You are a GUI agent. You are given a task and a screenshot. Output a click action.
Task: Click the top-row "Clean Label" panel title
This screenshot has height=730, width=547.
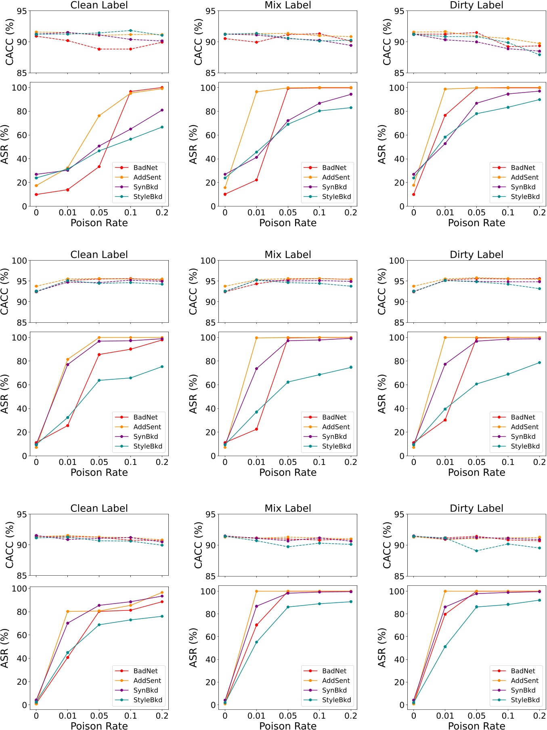99,5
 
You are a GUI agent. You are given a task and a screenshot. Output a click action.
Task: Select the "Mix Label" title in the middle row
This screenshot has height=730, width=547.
288,255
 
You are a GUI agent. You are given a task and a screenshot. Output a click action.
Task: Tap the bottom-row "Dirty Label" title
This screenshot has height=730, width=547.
476,508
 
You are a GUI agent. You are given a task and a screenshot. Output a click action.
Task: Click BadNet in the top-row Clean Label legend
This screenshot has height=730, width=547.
145,168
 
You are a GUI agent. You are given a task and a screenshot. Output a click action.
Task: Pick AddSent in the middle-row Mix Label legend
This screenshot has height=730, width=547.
336,427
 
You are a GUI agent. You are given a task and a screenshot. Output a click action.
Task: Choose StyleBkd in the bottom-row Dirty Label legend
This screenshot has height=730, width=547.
525,700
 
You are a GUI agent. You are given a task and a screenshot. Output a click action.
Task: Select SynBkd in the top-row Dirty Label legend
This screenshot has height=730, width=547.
523,187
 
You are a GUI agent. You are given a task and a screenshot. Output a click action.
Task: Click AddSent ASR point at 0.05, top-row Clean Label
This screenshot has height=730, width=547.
99,116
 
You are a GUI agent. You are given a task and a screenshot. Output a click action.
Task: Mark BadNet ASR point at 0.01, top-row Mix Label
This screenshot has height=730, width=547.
256,180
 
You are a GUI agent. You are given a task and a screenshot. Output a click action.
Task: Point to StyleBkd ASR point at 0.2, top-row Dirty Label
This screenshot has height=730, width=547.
539,100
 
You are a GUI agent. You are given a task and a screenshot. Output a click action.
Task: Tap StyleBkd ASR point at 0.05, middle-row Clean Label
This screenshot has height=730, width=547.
99,381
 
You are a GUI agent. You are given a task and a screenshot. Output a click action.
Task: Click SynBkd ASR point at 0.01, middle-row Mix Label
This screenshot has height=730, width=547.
256,368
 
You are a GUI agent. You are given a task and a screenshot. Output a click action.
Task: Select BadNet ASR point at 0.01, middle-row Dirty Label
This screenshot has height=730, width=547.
445,420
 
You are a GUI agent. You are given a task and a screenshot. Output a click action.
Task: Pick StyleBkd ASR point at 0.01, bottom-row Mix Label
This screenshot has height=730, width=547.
256,642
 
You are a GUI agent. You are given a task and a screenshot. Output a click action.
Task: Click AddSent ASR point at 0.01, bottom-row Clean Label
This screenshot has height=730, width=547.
67,612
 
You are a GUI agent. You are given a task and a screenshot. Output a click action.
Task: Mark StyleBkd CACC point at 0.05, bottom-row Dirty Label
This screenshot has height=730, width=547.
476,551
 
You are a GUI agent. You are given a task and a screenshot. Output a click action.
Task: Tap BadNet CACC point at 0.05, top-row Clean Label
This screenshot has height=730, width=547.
99,49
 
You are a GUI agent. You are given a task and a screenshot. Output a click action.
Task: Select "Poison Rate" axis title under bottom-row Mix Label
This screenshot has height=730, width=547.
288,726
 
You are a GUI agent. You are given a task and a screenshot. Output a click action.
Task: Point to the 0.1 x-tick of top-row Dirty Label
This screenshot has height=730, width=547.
508,212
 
